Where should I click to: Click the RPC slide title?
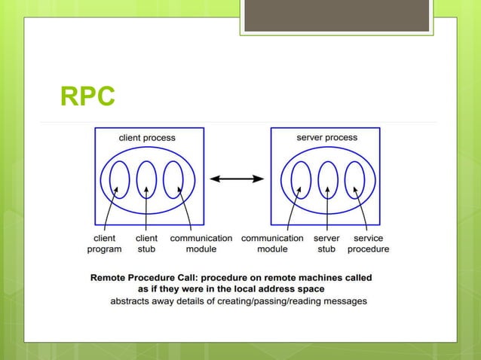(88, 97)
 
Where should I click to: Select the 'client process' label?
(148, 138)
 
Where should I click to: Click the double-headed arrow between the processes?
(237, 178)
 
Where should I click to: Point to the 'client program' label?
(105, 243)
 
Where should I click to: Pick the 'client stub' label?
(146, 243)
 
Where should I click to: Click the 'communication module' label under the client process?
(201, 243)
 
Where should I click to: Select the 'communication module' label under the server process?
(272, 243)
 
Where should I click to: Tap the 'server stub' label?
(326, 243)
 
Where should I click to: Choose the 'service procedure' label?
(368, 243)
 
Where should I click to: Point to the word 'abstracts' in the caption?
(132, 301)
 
